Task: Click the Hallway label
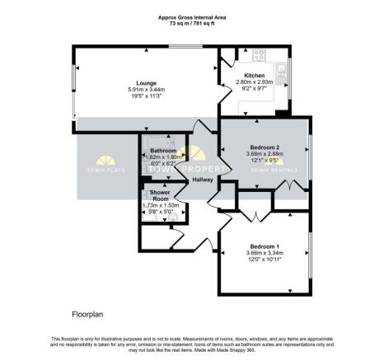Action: point(203,179)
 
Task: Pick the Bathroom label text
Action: point(164,151)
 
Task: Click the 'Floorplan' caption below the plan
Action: point(86,315)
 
